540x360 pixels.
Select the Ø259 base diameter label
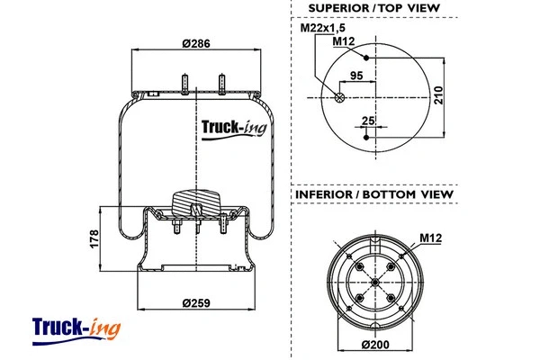click(197, 303)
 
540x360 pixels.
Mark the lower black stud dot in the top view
click(366, 138)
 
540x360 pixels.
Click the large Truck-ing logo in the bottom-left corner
click(76, 328)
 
